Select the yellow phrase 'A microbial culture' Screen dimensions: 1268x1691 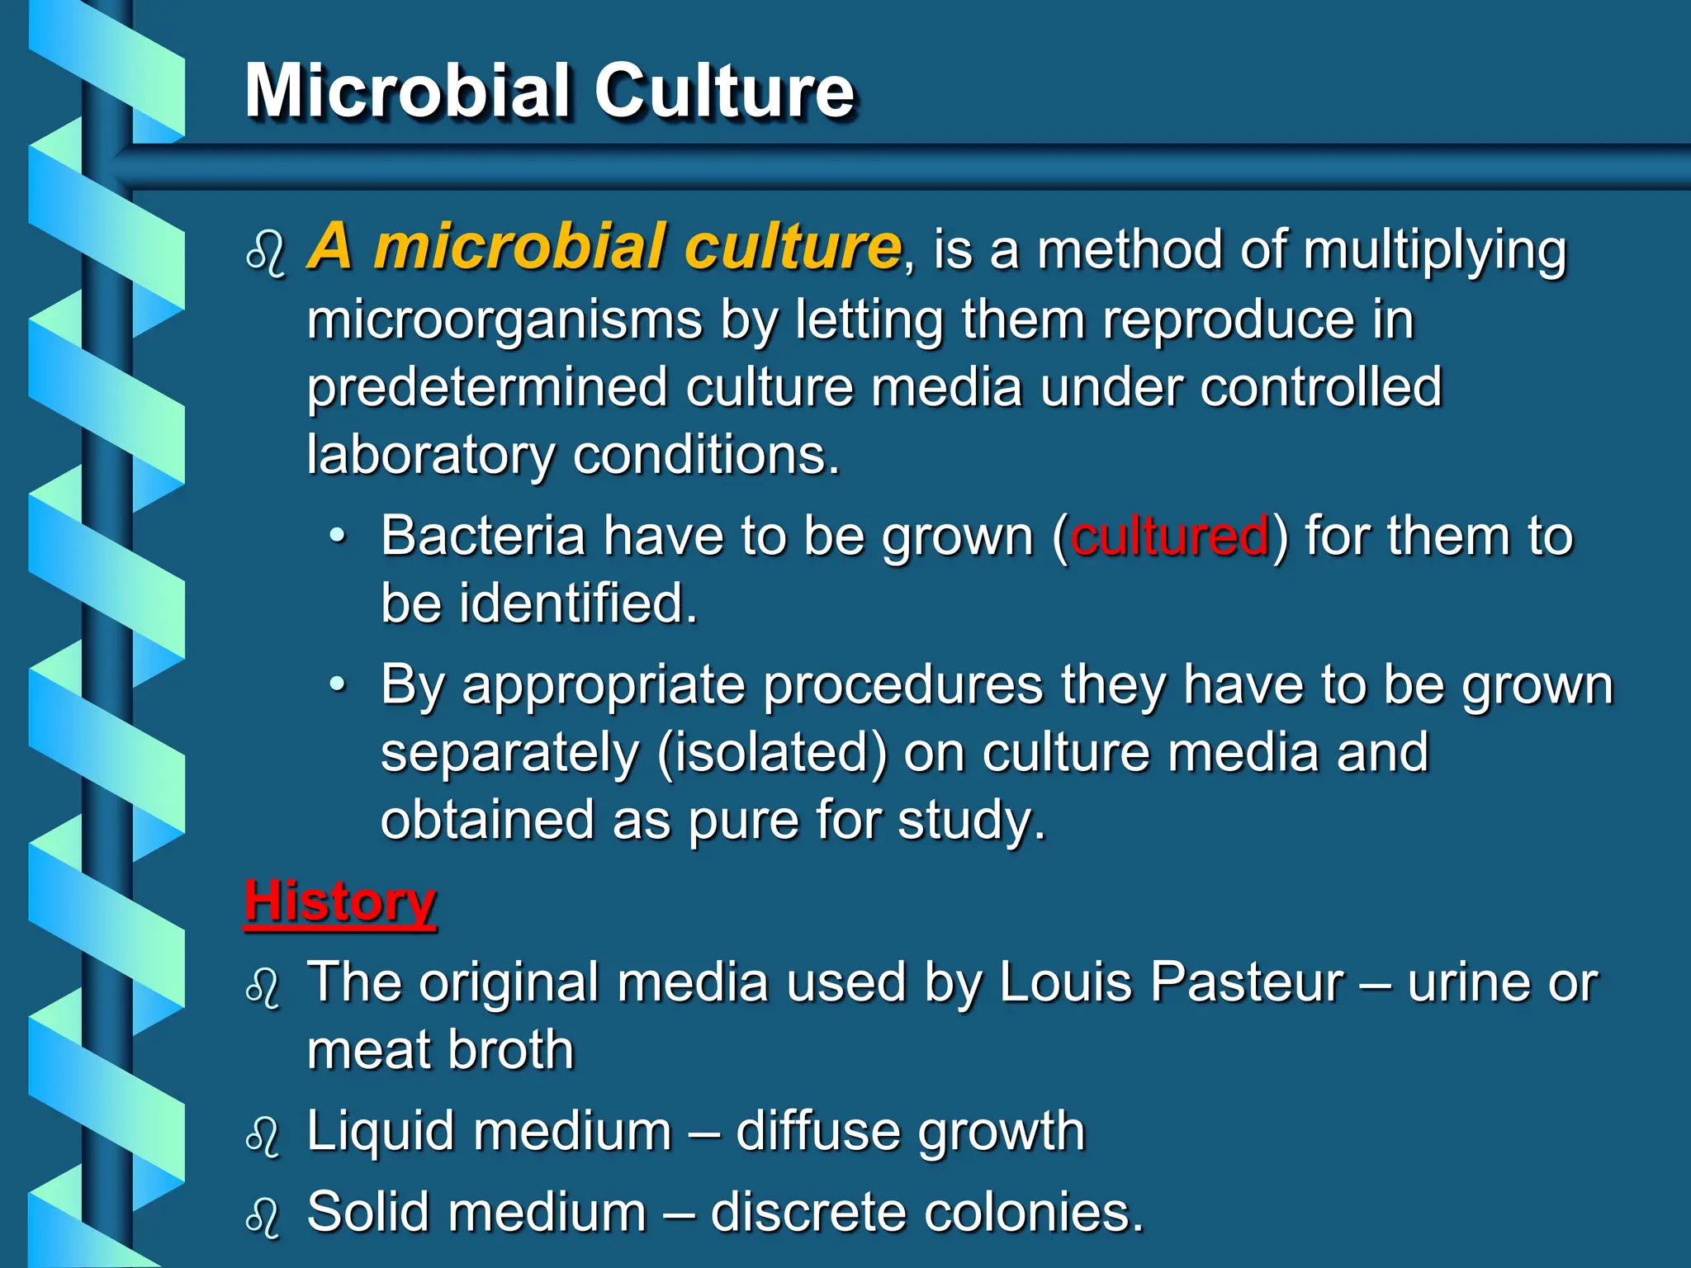(x=604, y=246)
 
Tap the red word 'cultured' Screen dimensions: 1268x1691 (x=1169, y=536)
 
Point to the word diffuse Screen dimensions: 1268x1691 (x=817, y=1130)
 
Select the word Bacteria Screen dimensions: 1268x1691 (x=483, y=536)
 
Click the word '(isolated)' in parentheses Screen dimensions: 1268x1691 (x=772, y=753)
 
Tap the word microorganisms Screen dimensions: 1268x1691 (x=504, y=320)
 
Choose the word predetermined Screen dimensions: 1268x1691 (x=487, y=387)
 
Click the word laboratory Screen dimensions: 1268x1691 (x=431, y=455)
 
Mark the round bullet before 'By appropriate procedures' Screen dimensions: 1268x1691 (x=337, y=684)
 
